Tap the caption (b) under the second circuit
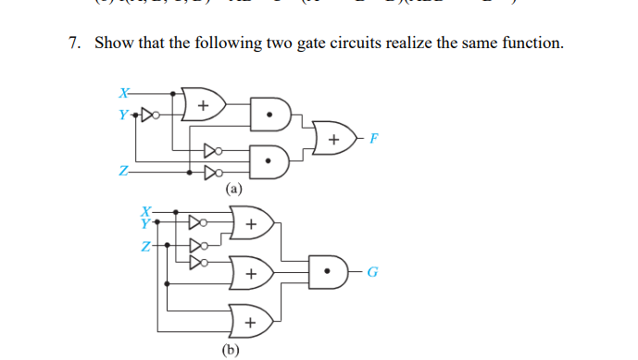[x=231, y=349]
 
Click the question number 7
[x=75, y=43]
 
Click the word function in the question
[x=529, y=43]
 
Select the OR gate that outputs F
[x=333, y=139]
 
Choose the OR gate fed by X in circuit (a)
[x=203, y=105]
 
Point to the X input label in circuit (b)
[x=144, y=212]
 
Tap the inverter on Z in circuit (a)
[x=210, y=171]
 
